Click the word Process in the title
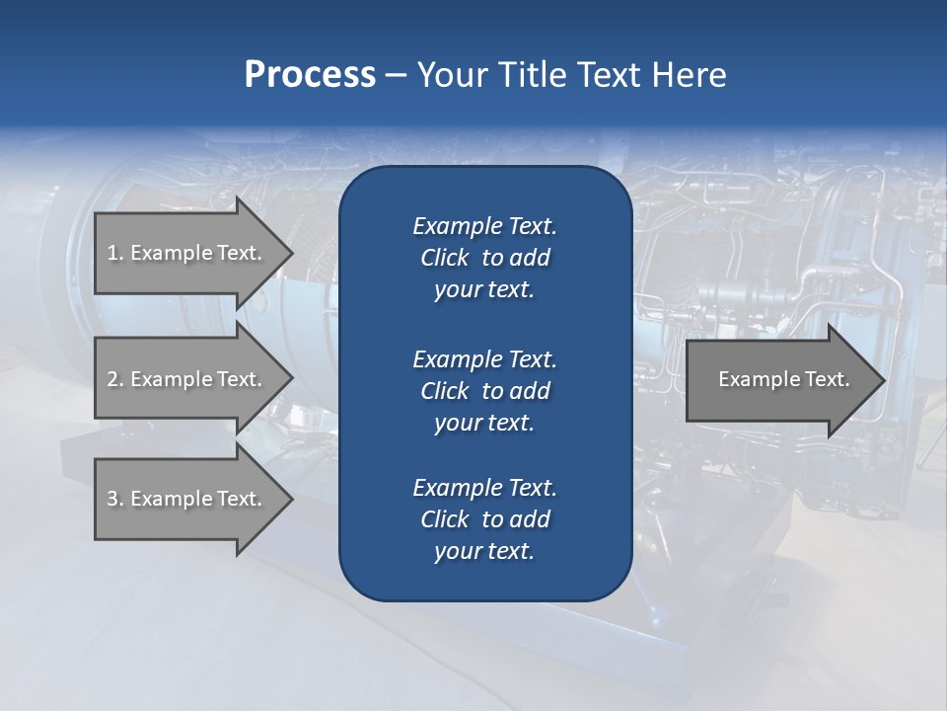tap(310, 75)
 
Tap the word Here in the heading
tap(688, 75)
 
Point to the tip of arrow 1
tap(291, 253)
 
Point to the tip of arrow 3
tap(291, 499)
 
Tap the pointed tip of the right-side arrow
tap(883, 379)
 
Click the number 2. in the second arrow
tap(114, 379)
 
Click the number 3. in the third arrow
tap(114, 499)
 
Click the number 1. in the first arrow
tap(114, 253)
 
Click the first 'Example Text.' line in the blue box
tap(484, 226)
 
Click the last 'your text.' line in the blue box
tap(484, 552)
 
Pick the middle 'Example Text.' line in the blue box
tap(484, 358)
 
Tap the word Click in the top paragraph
tap(445, 258)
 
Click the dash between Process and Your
tap(396, 75)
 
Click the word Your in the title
tap(453, 75)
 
